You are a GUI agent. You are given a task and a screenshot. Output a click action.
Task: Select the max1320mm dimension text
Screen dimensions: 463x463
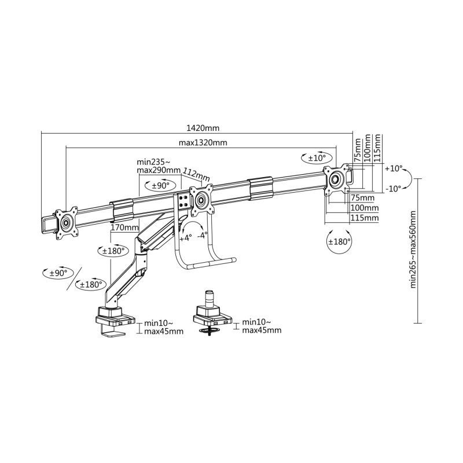pyautogui.click(x=202, y=143)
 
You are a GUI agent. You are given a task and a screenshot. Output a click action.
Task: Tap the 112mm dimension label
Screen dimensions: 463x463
pyautogui.click(x=196, y=173)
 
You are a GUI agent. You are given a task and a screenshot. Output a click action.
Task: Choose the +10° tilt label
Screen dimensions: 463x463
pyautogui.click(x=393, y=168)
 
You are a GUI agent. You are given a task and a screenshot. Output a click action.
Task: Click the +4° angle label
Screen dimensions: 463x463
pyautogui.click(x=185, y=237)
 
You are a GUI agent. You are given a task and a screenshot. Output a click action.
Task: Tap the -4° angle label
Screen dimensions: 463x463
pyautogui.click(x=202, y=236)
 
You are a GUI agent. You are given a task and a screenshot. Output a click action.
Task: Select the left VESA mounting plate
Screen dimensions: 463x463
pyautogui.click(x=65, y=221)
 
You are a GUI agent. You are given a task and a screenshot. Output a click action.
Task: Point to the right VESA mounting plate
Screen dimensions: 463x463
pyautogui.click(x=336, y=178)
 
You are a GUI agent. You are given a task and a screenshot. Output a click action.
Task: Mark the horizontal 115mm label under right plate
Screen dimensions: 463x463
pyautogui.click(x=365, y=218)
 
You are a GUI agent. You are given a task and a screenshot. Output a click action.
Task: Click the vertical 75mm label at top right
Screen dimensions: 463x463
pyautogui.click(x=357, y=148)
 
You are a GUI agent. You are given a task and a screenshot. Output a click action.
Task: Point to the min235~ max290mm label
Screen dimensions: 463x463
pyautogui.click(x=158, y=167)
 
